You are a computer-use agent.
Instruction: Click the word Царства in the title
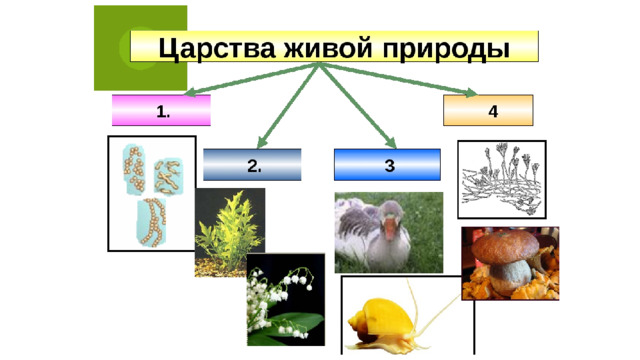point(207,48)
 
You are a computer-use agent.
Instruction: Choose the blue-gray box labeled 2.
point(252,165)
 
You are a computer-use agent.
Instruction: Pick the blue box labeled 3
point(387,165)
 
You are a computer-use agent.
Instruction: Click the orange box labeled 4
point(488,110)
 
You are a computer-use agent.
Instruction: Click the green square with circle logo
point(140,47)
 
